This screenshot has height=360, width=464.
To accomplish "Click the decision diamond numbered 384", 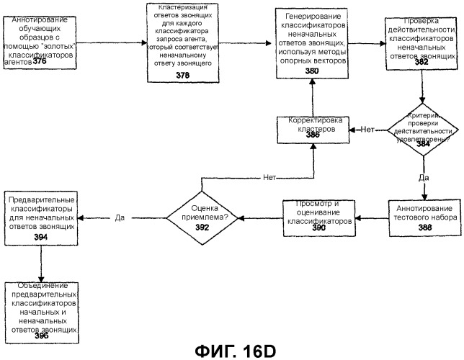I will [x=423, y=130].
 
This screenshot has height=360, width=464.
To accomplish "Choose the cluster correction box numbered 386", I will [x=311, y=130].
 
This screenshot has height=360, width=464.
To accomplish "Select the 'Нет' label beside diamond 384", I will [x=367, y=130].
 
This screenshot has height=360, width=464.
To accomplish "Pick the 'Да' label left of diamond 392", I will [x=119, y=215].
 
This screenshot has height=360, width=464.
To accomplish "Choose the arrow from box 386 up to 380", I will [x=311, y=94].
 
